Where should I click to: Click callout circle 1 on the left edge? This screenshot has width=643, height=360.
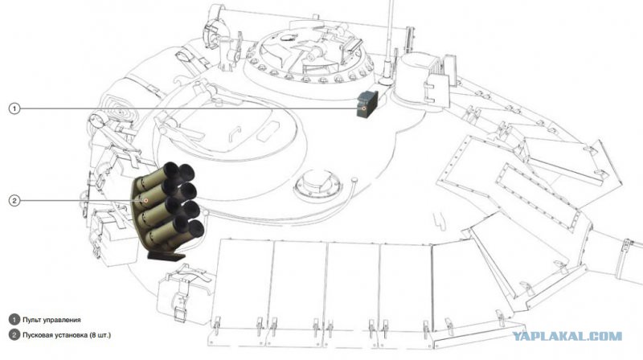14,108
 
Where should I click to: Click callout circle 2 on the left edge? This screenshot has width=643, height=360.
14,201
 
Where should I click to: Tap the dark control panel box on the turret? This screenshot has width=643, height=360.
367,104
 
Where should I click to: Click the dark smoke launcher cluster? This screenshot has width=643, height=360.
168,207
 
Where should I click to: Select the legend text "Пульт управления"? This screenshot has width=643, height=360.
51,320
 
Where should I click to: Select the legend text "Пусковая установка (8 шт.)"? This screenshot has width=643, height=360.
67,335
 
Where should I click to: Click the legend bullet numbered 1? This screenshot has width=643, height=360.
14,320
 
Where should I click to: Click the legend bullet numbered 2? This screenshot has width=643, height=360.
14,335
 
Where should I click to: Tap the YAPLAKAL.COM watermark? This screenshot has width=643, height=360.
567,337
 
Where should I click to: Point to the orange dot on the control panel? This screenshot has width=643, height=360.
364,108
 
